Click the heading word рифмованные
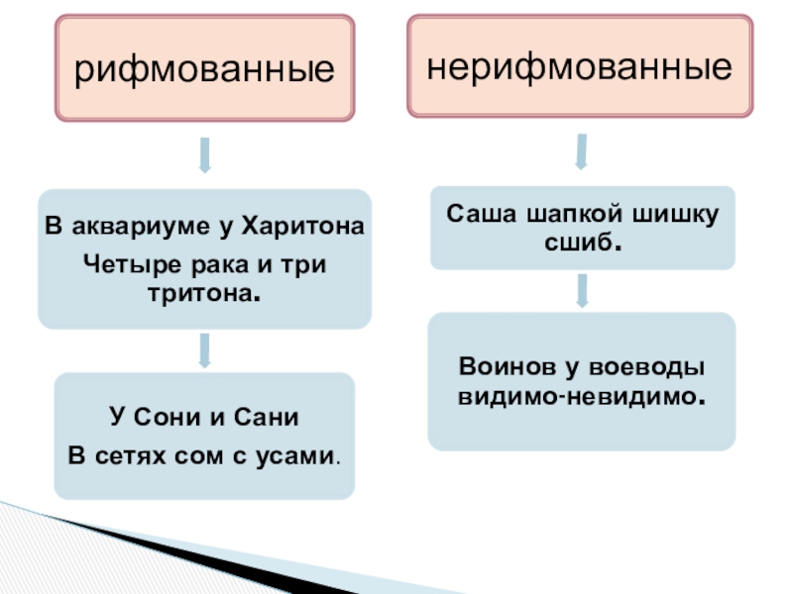point(203,68)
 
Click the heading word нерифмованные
point(580,66)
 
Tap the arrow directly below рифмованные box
point(204,154)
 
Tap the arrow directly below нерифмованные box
point(581,152)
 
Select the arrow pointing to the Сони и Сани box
point(204,349)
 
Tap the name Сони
point(165,417)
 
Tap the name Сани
point(265,417)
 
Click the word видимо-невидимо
point(582,396)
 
